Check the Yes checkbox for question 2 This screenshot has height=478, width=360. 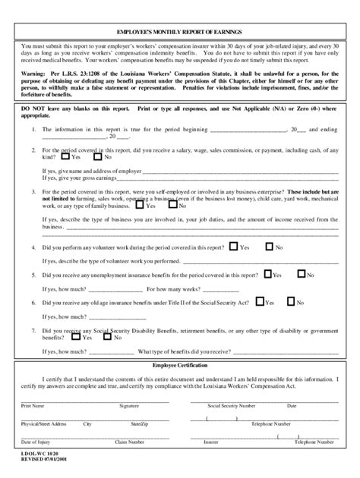(x=65, y=157)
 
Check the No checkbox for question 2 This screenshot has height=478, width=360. (x=98, y=157)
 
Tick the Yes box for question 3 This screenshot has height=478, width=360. (x=141, y=205)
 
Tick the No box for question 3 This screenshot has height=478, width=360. (x=173, y=205)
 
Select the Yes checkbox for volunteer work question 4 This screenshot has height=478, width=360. (x=233, y=247)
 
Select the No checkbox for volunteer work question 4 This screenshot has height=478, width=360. (x=269, y=247)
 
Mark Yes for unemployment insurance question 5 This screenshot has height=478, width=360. (x=267, y=274)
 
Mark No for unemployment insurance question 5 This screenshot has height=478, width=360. (x=302, y=274)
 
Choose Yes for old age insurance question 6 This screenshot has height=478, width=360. (x=259, y=301)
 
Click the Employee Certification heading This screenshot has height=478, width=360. (x=180, y=366)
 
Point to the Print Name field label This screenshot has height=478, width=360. (x=33, y=406)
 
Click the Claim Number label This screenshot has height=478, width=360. (x=129, y=441)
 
